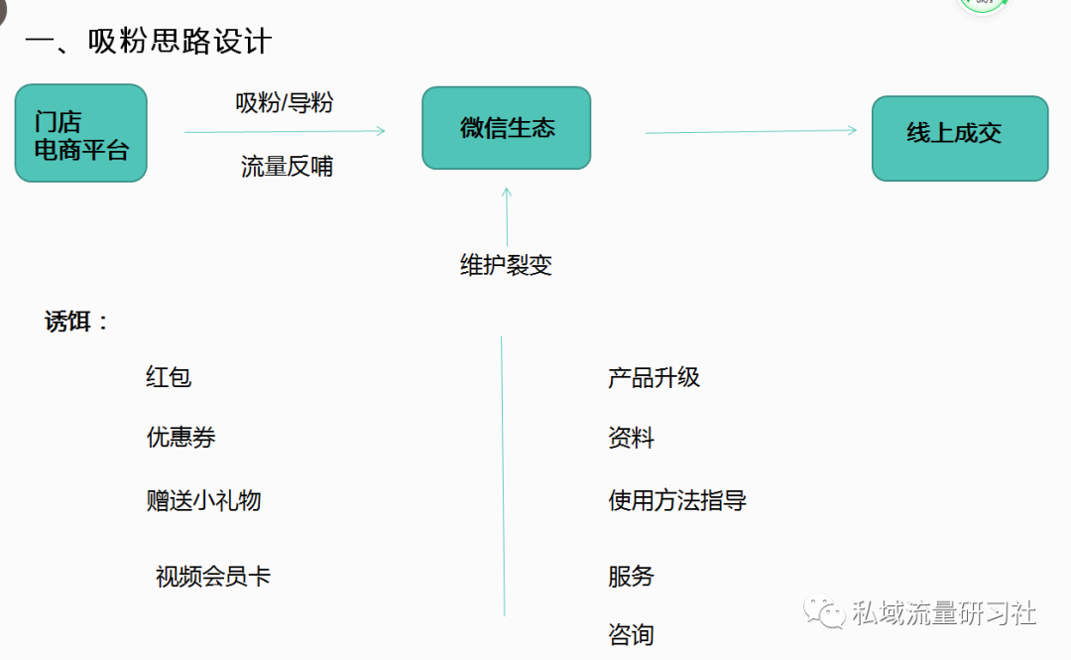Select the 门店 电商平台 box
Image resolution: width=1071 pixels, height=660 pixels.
tap(81, 134)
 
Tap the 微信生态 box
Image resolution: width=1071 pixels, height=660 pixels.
tap(507, 128)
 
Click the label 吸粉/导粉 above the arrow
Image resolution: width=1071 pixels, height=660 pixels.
tap(284, 102)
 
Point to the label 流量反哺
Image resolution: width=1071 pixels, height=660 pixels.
tap(287, 167)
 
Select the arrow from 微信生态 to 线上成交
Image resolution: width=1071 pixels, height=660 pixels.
tap(751, 130)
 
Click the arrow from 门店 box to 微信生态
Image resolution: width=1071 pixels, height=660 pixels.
tap(285, 130)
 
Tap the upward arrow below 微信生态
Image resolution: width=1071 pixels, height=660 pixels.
tap(507, 216)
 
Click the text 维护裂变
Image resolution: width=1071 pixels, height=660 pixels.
tap(506, 265)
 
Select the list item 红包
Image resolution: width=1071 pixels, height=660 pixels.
tap(169, 377)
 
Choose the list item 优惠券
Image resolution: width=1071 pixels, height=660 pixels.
tap(181, 438)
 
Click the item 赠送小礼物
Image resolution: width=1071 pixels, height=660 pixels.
tap(203, 500)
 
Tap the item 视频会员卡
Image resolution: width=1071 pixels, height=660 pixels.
tap(213, 577)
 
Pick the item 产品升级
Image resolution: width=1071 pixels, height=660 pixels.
tap(654, 377)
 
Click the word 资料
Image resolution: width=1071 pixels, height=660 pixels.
tap(631, 438)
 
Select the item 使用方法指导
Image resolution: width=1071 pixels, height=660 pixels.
tap(677, 500)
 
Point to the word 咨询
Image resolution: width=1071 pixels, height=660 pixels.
tap(631, 634)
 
